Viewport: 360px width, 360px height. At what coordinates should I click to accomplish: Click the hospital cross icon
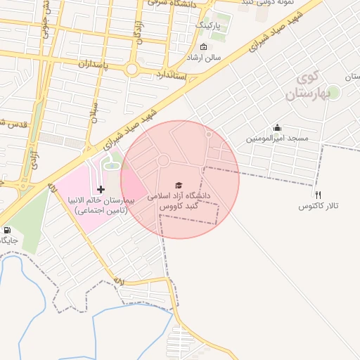(102, 188)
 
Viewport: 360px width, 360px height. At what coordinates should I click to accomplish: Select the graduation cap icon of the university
(176, 185)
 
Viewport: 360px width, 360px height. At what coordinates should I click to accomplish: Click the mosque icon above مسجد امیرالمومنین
(277, 128)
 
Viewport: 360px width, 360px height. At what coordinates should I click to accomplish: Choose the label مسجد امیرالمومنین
(277, 139)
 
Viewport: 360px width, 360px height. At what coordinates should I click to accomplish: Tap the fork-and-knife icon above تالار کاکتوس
(318, 195)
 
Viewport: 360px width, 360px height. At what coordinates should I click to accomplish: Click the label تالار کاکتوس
(318, 206)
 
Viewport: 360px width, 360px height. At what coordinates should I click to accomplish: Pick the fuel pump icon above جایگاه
(8, 230)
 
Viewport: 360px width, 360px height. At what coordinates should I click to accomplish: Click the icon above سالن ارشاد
(203, 46)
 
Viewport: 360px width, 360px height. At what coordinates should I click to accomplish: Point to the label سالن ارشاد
(203, 57)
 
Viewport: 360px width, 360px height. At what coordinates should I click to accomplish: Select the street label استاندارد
(171, 75)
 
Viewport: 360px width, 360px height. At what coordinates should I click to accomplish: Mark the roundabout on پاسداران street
(131, 70)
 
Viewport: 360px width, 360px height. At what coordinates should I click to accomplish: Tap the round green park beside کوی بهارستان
(333, 92)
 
